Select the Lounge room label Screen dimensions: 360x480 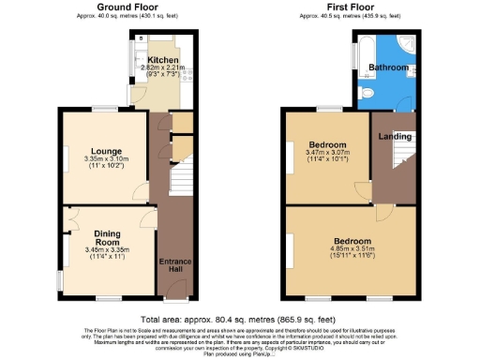(105, 151)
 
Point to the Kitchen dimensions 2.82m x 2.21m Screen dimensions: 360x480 (159, 67)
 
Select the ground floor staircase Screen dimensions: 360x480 (179, 173)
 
